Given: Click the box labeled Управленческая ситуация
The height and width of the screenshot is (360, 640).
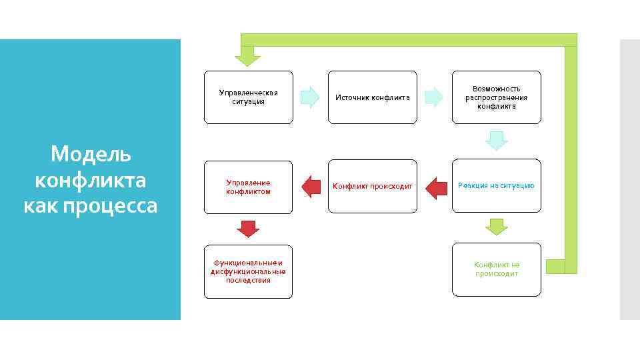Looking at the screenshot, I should point(248,97).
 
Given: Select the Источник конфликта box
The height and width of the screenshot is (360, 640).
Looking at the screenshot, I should point(372,97).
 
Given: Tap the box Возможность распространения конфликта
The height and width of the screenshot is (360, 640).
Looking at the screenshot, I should point(496,97).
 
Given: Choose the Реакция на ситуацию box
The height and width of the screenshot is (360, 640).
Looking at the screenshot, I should point(496,185).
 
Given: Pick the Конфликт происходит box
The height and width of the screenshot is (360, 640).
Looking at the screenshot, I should point(372,186).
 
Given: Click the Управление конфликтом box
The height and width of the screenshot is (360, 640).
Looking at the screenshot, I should point(248,187).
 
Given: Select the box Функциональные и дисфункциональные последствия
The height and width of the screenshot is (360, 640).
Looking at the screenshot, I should point(248,271).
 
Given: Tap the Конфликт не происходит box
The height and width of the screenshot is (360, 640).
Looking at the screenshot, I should point(496,269).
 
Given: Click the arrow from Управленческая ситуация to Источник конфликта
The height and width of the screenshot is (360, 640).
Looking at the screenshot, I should point(310,97).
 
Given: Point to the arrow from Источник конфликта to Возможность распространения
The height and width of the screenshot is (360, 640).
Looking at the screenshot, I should point(434,97).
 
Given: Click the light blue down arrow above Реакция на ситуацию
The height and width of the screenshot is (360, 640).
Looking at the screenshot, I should point(496,141).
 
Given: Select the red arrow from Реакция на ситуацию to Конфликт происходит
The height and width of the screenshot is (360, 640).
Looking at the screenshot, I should point(436,187).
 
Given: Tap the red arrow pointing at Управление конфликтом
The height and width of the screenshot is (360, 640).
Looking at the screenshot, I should point(311,187).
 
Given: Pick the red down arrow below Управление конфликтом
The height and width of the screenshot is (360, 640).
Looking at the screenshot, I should point(248,228).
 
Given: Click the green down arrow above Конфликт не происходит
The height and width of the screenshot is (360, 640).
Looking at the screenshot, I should point(496,227).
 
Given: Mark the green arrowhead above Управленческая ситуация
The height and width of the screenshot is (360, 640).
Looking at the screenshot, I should point(249,56).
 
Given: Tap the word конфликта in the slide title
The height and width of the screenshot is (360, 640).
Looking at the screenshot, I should point(91,180).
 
